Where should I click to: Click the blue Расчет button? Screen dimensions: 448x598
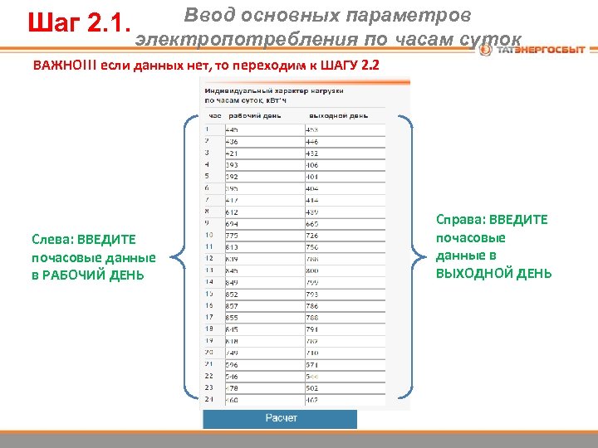280,418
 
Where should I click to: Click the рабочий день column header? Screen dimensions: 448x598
254,115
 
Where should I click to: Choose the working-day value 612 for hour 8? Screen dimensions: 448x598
233,212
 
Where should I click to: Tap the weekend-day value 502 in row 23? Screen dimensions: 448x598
313,387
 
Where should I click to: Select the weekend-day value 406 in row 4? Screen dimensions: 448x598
313,164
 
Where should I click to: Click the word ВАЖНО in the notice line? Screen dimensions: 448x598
58,65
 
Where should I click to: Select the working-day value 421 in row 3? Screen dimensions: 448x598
233,153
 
